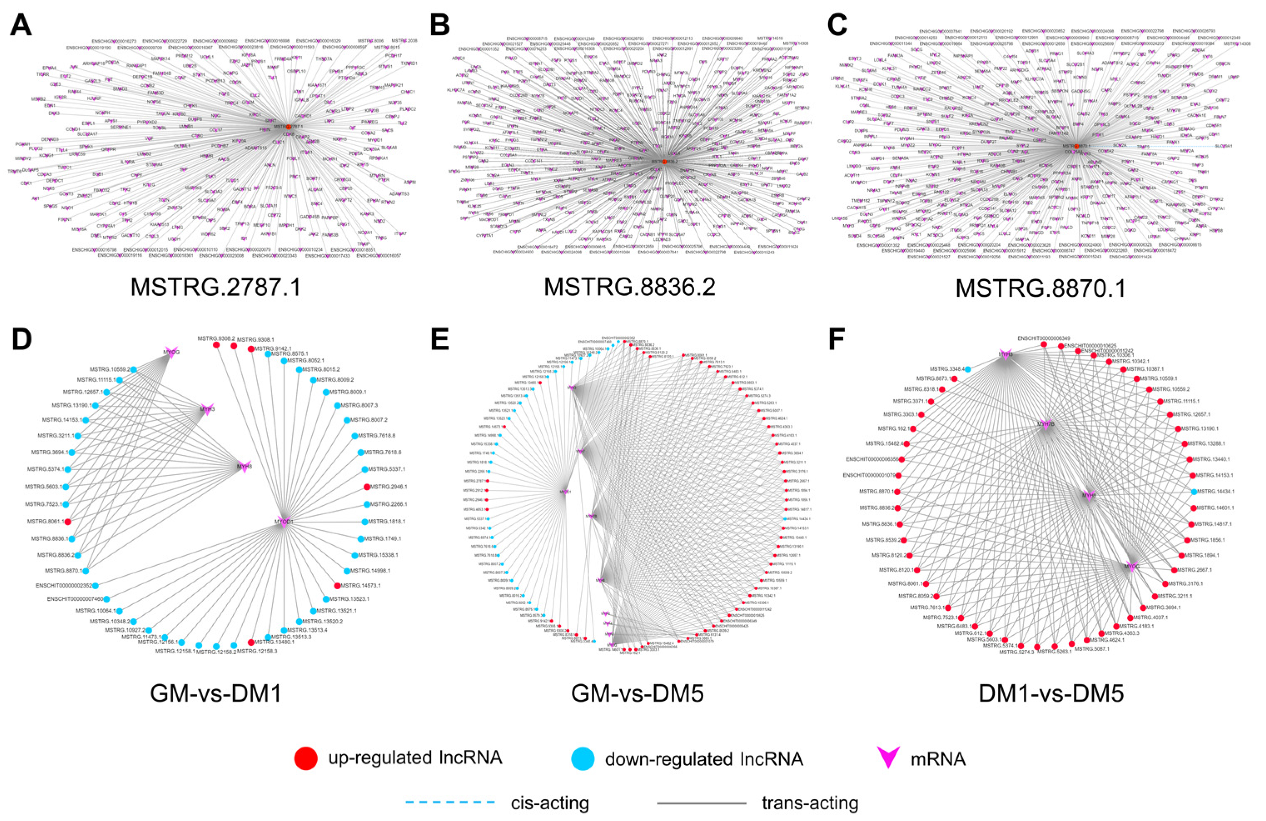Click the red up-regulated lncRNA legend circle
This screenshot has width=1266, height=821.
[x=306, y=758]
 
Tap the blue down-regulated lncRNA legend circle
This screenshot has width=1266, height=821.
[x=583, y=758]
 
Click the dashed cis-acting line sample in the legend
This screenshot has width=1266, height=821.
[x=450, y=801]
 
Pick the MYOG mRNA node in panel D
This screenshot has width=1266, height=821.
[x=170, y=352]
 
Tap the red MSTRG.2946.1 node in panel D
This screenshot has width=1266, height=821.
[x=367, y=486]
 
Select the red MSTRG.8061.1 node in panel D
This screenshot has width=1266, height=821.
[x=67, y=522]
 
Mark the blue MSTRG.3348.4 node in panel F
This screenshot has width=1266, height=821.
[x=968, y=369]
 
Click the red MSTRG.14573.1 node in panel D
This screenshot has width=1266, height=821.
[x=337, y=585]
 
